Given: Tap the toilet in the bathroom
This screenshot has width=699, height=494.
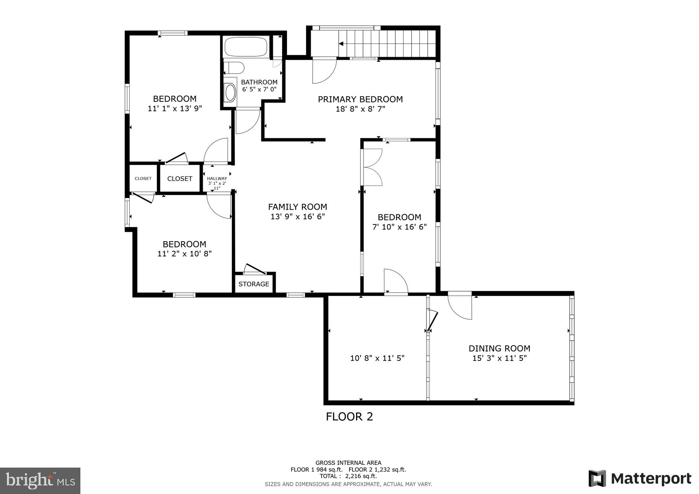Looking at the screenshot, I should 235,68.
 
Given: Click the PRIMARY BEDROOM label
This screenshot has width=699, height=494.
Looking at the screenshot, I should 360,99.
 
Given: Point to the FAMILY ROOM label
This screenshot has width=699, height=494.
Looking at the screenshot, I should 297,207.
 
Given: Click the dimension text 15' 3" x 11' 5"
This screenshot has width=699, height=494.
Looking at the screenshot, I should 499,358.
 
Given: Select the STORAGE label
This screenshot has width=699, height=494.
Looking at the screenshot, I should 254,284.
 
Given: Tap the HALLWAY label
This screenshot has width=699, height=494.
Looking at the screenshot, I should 217,179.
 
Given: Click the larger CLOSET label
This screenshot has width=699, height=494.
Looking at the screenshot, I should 179,179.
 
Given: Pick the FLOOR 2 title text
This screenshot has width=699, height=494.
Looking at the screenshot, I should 349,417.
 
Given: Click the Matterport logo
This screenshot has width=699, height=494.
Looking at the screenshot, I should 640,478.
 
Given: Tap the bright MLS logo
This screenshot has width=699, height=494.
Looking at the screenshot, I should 40,481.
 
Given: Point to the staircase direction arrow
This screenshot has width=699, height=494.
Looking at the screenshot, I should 341,44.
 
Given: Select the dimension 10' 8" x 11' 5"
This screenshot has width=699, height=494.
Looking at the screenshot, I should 377,358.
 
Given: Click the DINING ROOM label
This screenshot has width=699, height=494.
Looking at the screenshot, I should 499,348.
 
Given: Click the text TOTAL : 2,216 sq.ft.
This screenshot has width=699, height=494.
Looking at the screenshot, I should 348,476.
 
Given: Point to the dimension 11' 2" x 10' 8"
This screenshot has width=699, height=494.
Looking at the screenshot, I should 184,254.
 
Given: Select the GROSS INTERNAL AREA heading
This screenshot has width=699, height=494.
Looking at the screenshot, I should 348,463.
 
